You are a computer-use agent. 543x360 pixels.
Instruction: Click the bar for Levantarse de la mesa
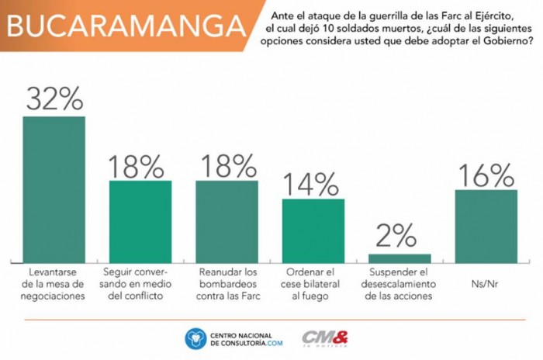click(x=54, y=189)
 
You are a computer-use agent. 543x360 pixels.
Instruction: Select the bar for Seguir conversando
click(x=140, y=222)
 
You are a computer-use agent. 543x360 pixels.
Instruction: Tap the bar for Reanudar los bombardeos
click(x=227, y=222)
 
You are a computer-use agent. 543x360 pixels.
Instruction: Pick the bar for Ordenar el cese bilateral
click(x=313, y=230)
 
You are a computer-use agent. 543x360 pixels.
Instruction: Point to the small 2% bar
click(x=399, y=258)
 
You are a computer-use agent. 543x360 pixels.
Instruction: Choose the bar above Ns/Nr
click(x=486, y=226)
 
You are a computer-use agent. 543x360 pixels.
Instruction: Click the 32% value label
click(x=54, y=99)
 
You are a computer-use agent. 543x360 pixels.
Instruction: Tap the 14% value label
click(x=313, y=183)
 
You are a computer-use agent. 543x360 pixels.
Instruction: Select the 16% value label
click(x=486, y=174)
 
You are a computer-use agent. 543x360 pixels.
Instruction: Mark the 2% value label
click(x=399, y=236)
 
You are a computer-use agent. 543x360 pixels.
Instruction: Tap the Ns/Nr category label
click(x=486, y=274)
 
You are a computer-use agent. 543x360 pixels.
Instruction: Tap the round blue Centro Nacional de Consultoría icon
click(x=195, y=338)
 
